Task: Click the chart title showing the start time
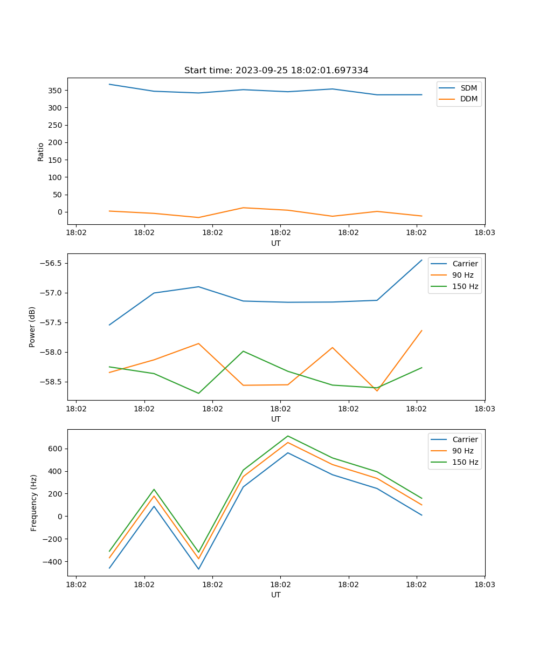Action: (x=276, y=71)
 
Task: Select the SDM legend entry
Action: (x=468, y=88)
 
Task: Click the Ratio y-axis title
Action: (x=41, y=152)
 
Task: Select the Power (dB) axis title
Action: (x=32, y=327)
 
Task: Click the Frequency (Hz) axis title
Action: (x=34, y=503)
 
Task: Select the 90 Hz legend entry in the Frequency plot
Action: (x=462, y=451)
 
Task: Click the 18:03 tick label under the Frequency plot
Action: (x=484, y=584)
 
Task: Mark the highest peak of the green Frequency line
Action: (x=288, y=436)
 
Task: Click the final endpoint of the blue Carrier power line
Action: (x=421, y=260)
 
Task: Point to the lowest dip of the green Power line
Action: (x=198, y=393)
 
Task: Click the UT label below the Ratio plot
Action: (x=276, y=243)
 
